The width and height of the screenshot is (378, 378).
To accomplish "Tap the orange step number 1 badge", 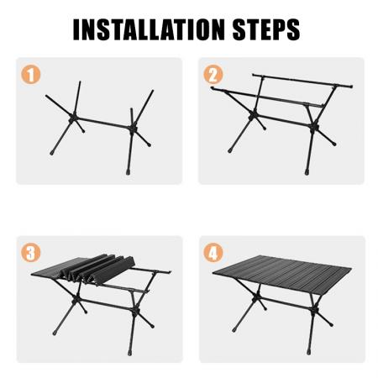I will pyautogui.click(x=31, y=75).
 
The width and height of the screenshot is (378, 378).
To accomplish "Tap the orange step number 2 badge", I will pyautogui.click(x=213, y=75).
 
